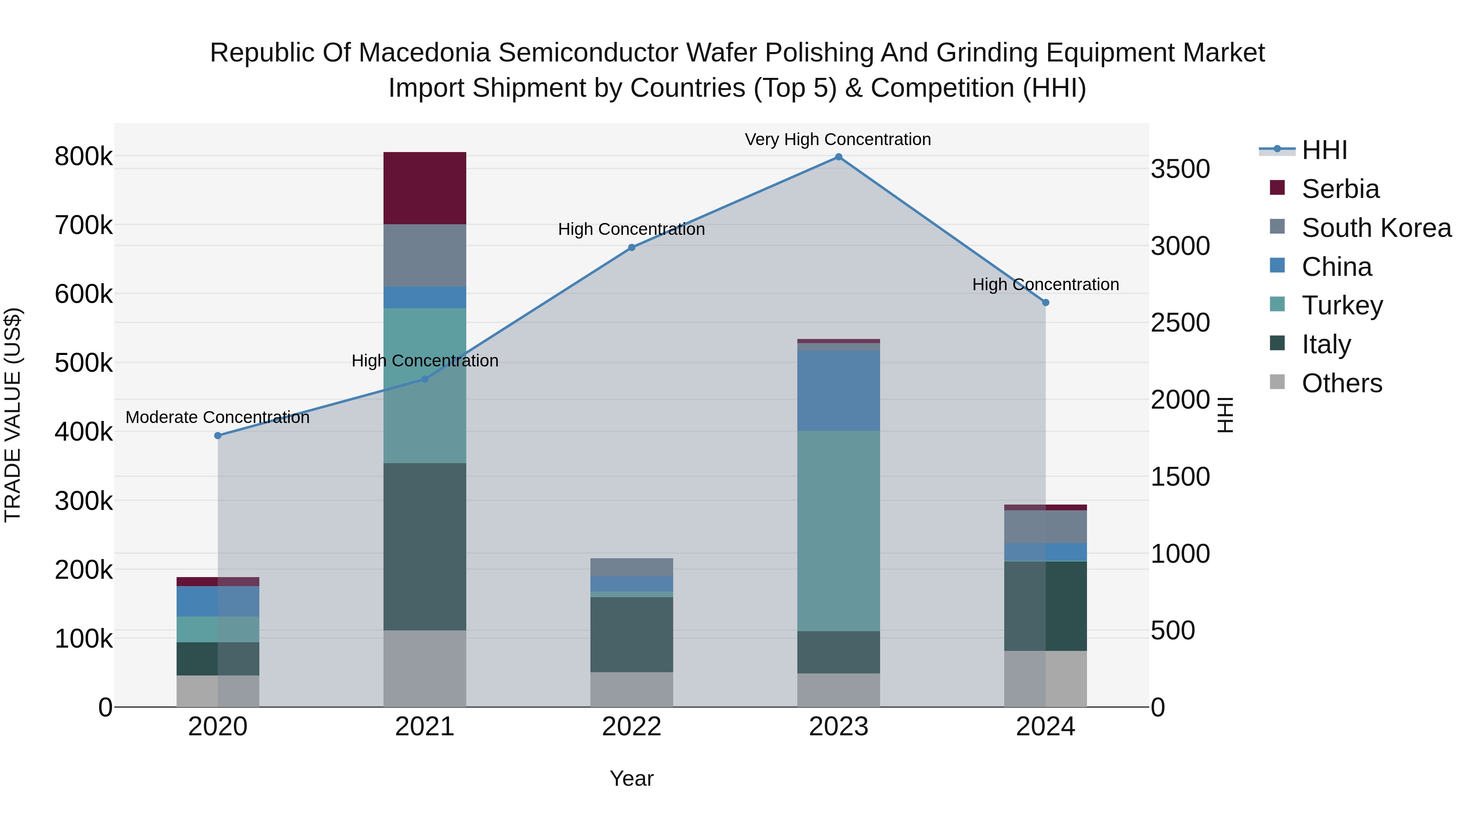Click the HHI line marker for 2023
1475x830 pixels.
coord(838,157)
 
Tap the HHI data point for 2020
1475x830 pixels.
coord(218,435)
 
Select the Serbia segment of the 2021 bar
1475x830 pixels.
coord(424,188)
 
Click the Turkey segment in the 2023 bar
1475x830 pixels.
coord(838,530)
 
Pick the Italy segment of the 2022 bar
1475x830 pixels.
coord(631,634)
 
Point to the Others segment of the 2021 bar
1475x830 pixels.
coord(424,668)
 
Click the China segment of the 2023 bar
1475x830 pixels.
coord(838,390)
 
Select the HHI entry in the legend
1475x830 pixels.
coord(1324,150)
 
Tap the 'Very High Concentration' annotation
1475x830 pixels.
coord(838,139)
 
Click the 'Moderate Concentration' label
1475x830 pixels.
coord(218,418)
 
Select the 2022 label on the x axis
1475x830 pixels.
coord(631,727)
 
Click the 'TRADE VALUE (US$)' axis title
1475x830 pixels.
coord(13,415)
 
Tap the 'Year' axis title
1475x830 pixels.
coord(631,778)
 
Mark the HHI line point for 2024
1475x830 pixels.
coord(1046,302)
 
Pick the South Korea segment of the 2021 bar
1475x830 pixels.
coord(424,255)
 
